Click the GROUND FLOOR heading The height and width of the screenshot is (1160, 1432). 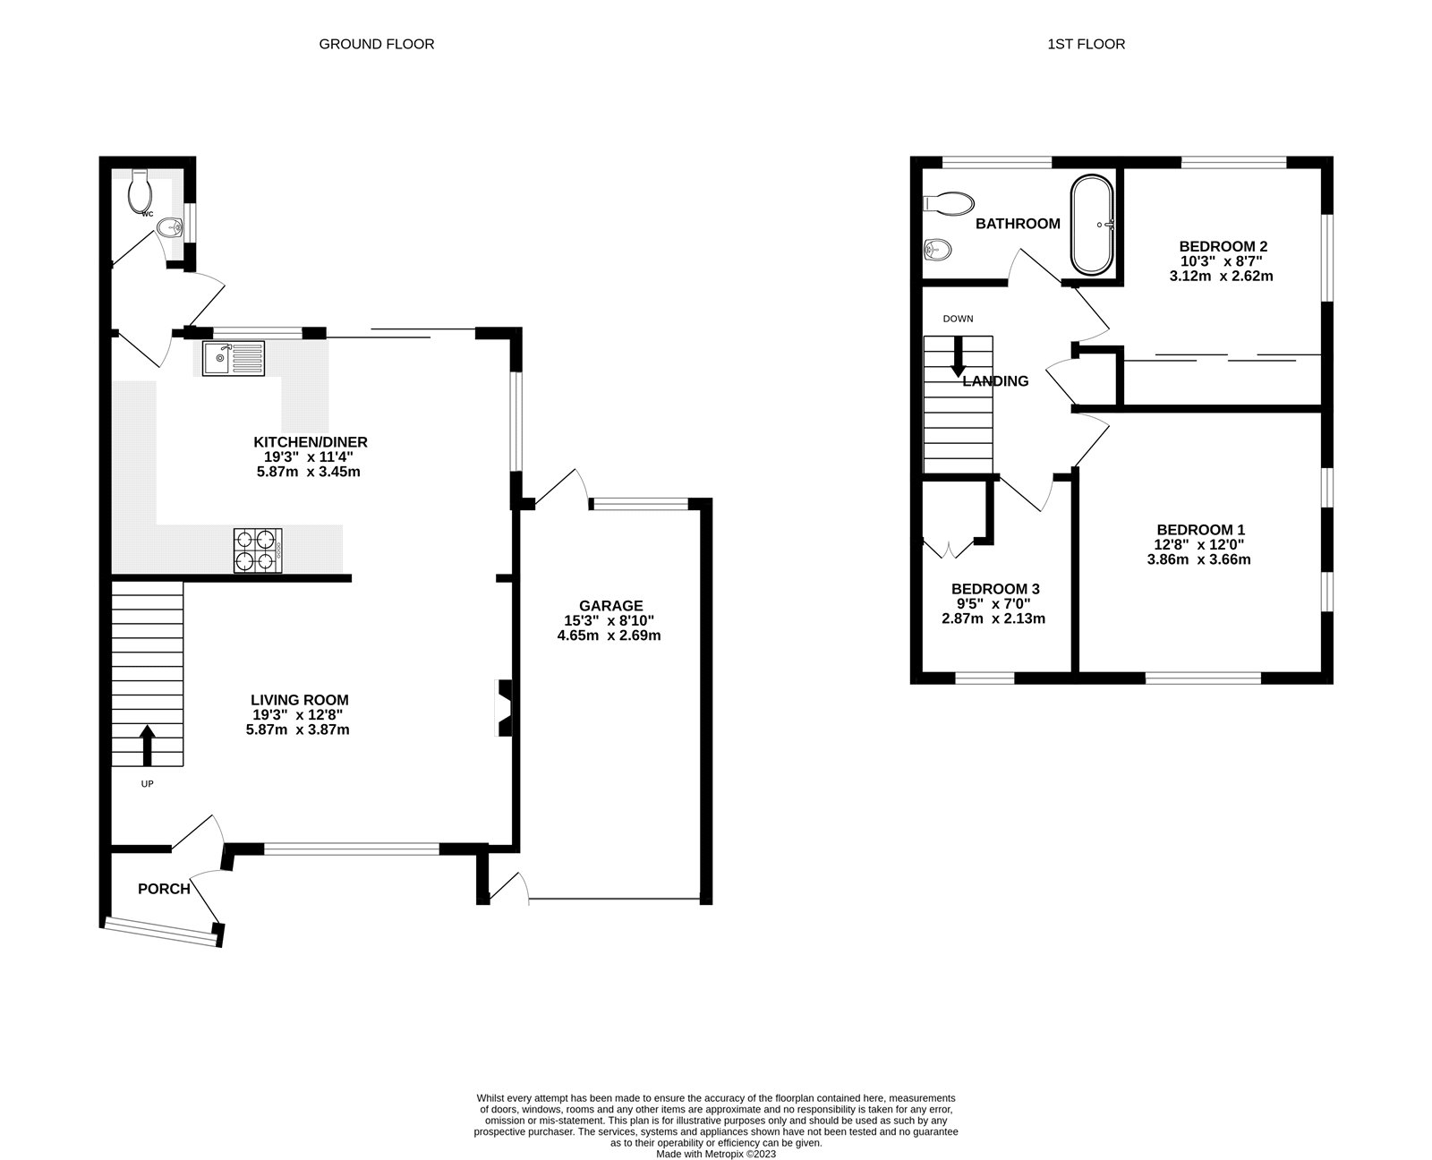pyautogui.click(x=376, y=44)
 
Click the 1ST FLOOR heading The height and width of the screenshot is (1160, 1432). pyautogui.click(x=1086, y=44)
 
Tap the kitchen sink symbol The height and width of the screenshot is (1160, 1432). pyautogui.click(x=233, y=358)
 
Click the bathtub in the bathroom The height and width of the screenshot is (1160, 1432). pyautogui.click(x=1093, y=226)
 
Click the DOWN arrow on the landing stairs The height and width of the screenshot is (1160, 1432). pyautogui.click(x=958, y=357)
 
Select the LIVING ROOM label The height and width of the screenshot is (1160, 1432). pyautogui.click(x=299, y=700)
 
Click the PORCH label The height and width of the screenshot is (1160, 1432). pyautogui.click(x=164, y=889)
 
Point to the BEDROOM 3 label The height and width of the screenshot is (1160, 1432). pyautogui.click(x=994, y=589)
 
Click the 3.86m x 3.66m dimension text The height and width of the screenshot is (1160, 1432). pyautogui.click(x=1198, y=559)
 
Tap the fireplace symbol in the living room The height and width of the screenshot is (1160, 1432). pyautogui.click(x=505, y=708)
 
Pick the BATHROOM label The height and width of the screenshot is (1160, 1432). pyautogui.click(x=1018, y=224)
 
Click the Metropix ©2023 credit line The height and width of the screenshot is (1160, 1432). pyautogui.click(x=716, y=1154)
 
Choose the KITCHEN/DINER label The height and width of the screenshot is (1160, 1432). pyautogui.click(x=310, y=442)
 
